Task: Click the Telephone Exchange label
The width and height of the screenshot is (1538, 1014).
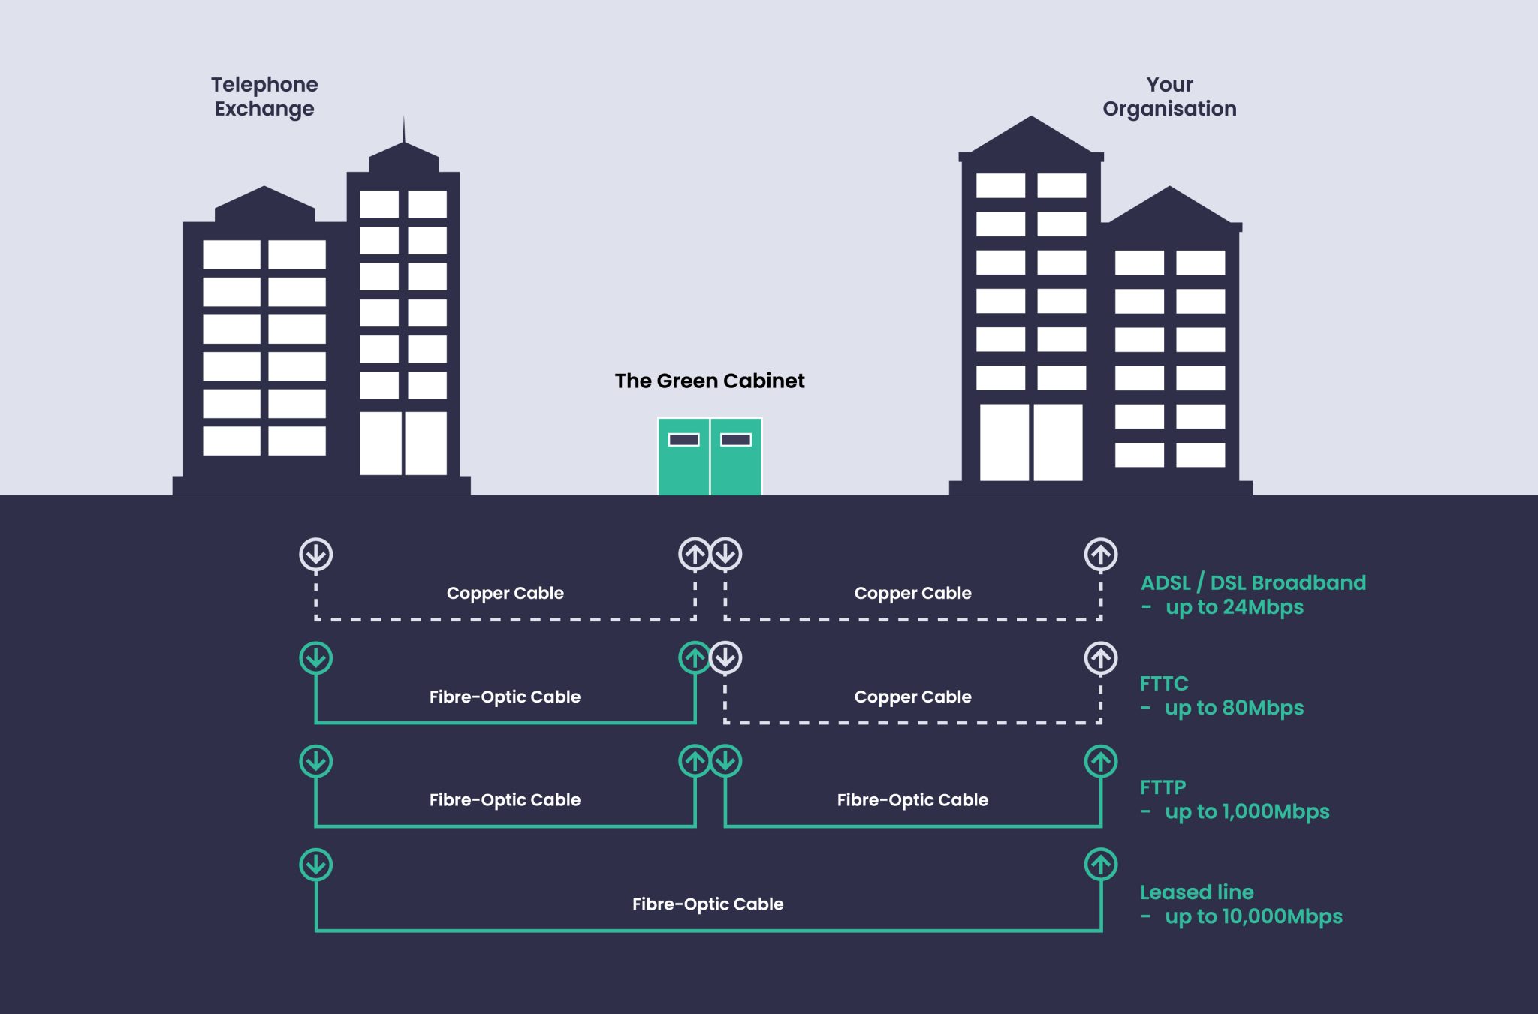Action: point(264,96)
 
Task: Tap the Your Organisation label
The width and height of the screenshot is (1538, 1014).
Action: point(1169,96)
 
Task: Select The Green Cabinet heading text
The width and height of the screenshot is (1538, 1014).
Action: point(709,381)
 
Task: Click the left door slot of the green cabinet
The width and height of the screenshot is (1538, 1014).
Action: point(683,440)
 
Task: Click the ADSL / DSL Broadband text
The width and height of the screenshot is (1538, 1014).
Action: point(1253,582)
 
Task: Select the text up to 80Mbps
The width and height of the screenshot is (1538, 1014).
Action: point(1234,708)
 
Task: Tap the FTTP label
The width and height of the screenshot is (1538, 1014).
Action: point(1163,787)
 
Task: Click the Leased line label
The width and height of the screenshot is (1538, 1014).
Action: point(1196,892)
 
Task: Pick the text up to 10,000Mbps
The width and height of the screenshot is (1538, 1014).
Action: point(1253,916)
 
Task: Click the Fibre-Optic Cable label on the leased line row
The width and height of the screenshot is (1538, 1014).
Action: point(707,904)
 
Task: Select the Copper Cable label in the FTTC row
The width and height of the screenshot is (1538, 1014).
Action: point(912,697)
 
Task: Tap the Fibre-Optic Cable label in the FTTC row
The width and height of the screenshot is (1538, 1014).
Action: point(505,697)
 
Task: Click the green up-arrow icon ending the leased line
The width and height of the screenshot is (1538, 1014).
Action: point(1101,865)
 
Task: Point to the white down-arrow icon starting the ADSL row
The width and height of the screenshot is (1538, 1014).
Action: point(316,555)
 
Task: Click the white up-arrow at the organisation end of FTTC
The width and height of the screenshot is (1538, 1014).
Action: point(1101,658)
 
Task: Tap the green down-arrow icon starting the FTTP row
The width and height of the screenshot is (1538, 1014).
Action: point(316,761)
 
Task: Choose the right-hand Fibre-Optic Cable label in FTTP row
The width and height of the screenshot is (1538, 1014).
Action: point(912,800)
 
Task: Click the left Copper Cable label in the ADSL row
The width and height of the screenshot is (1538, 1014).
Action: point(505,593)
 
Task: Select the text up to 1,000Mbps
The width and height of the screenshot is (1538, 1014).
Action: point(1247,811)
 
